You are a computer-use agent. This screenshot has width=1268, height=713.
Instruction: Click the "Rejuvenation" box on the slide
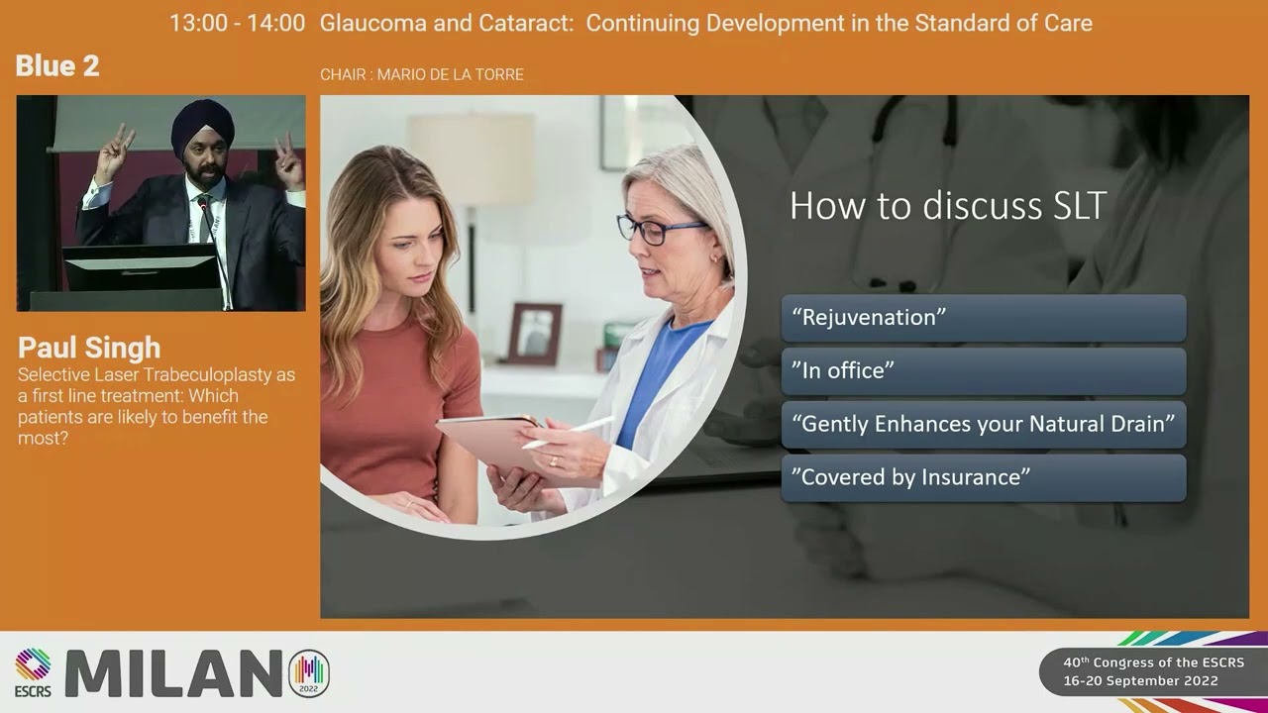pos(983,318)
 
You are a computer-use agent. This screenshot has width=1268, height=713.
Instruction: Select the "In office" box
pos(983,371)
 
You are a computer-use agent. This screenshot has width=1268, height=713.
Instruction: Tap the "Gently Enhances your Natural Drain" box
pos(983,424)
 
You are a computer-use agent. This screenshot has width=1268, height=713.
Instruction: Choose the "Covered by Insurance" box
pos(983,477)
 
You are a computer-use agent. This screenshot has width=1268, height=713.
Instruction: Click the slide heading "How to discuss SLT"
pos(947,206)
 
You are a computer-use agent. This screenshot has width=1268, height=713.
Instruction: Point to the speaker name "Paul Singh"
pos(89,348)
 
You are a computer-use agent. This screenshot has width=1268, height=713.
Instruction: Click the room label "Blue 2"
pos(57,66)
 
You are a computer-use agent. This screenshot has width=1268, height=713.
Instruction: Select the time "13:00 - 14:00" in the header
pos(237,23)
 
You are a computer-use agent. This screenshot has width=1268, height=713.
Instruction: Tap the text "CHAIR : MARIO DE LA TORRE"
pos(422,74)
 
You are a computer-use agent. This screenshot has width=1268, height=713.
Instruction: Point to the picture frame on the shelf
pos(535,334)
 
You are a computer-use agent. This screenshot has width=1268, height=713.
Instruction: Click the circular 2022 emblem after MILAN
pos(308,673)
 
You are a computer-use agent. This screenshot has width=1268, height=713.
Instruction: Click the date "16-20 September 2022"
pos(1140,681)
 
